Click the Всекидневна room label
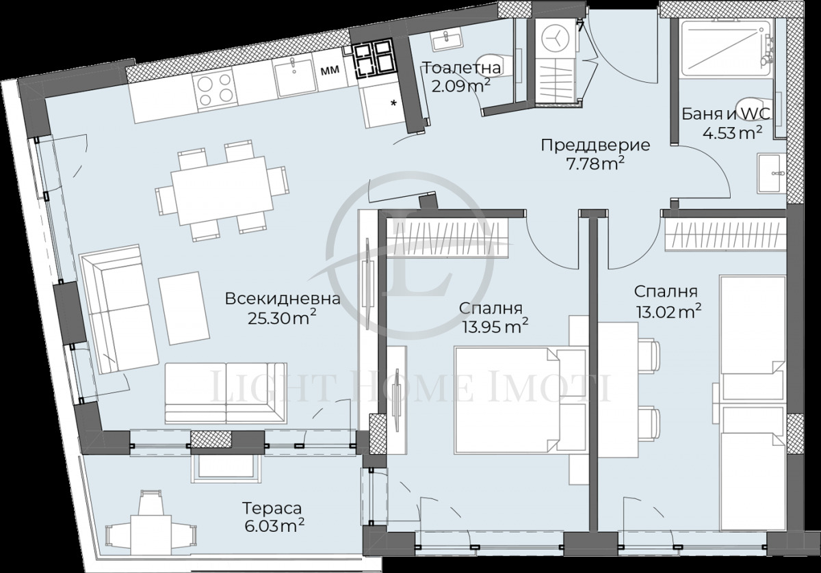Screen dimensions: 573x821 click(x=282, y=299)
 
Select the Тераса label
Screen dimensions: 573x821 click(x=272, y=509)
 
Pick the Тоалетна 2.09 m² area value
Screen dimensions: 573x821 click(x=460, y=87)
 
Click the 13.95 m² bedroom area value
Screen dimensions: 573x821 click(x=494, y=327)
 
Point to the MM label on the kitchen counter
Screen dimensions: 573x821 click(x=330, y=69)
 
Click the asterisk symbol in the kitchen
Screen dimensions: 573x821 click(x=393, y=103)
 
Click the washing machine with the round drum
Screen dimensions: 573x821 click(x=555, y=38)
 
